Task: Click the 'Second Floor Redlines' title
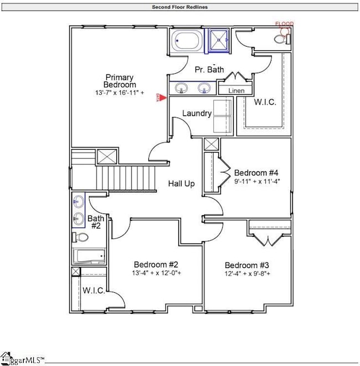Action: pos(180,7)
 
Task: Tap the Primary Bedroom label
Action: pos(120,81)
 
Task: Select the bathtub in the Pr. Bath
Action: pos(187,41)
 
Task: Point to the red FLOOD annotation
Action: pos(285,24)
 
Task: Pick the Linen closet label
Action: pos(236,90)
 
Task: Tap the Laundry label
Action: pos(197,113)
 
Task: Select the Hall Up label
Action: pos(181,184)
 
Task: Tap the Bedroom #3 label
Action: pos(246,265)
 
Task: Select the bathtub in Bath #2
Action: pos(89,256)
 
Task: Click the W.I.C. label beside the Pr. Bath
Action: pos(263,102)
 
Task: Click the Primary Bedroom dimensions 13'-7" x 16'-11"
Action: pos(120,94)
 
